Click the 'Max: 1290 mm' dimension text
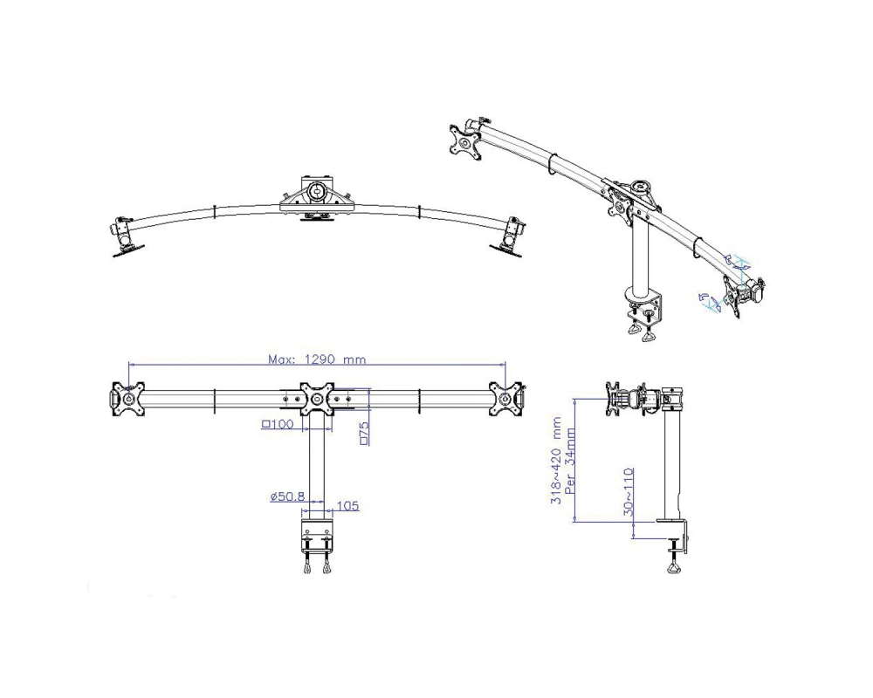click(x=318, y=359)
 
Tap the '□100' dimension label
click(x=278, y=425)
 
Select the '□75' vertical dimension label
click(x=364, y=433)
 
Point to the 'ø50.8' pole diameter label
click(x=287, y=496)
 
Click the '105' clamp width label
click(x=348, y=506)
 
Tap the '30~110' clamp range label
click(x=629, y=491)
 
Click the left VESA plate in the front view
click(x=128, y=399)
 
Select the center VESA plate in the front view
click(x=317, y=399)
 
